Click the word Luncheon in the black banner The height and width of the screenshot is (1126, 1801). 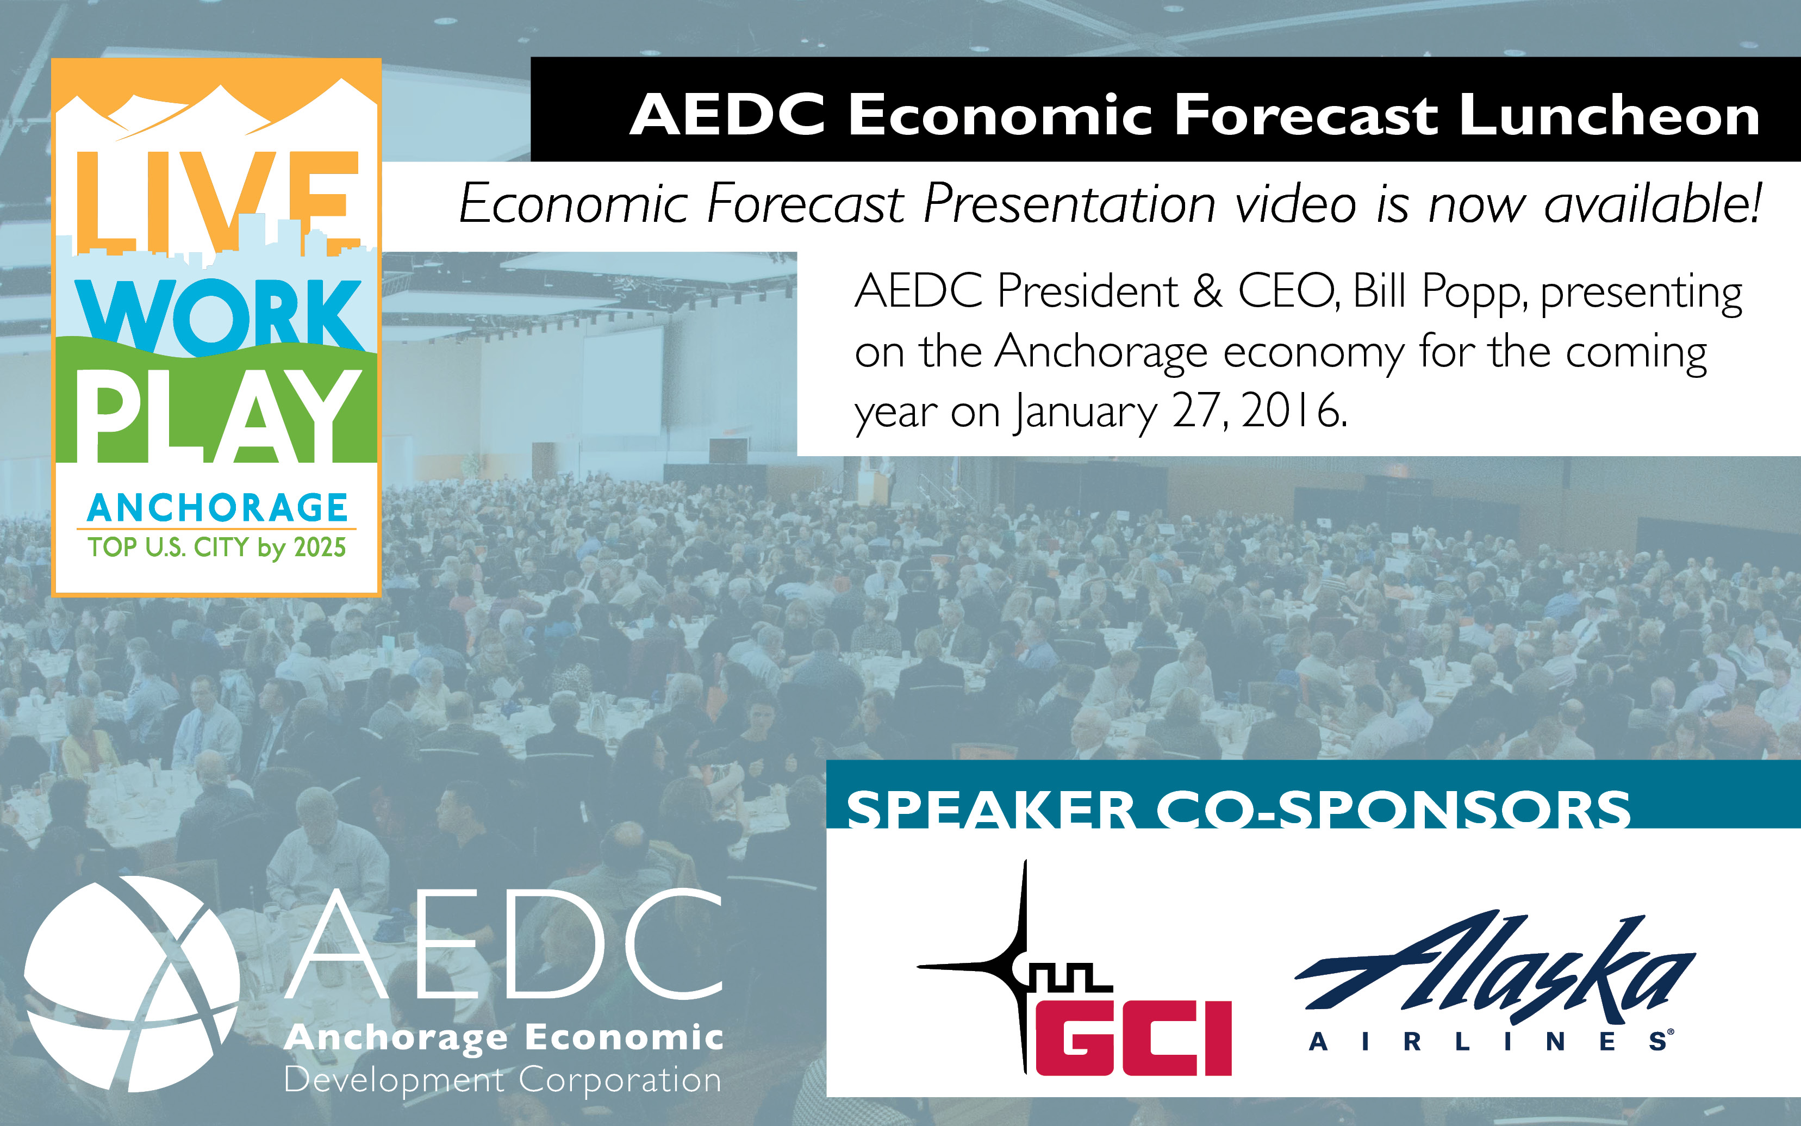pyautogui.click(x=1608, y=115)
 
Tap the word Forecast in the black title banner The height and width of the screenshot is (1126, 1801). pyautogui.click(x=1305, y=115)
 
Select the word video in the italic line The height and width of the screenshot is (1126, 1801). pyautogui.click(x=1295, y=203)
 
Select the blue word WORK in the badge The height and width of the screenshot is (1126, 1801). pyautogui.click(x=220, y=316)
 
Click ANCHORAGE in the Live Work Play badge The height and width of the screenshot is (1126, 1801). pyautogui.click(x=217, y=508)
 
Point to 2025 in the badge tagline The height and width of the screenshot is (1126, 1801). pyautogui.click(x=320, y=548)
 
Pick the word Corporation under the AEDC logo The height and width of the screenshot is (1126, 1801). pyautogui.click(x=621, y=1080)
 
